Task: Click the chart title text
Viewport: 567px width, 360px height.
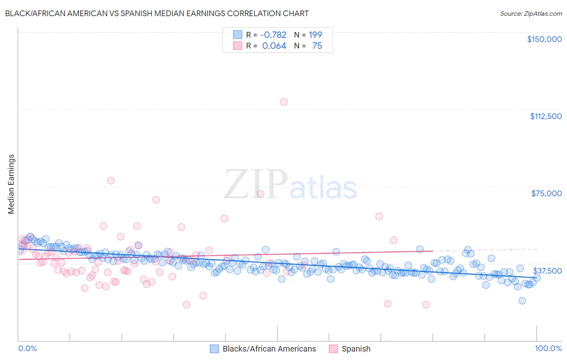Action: (x=157, y=13)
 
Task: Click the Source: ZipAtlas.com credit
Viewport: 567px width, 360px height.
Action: (x=531, y=13)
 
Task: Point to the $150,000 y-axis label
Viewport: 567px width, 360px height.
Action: (x=544, y=39)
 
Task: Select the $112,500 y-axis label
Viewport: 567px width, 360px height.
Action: (x=546, y=116)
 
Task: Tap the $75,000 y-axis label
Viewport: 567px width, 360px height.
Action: (x=546, y=193)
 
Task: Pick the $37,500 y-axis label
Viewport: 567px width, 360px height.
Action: (x=547, y=270)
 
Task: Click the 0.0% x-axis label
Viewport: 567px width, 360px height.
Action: (x=27, y=348)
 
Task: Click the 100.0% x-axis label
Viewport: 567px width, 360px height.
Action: (x=548, y=348)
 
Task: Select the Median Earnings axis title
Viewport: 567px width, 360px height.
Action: (x=11, y=184)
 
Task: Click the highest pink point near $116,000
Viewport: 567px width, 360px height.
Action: (x=283, y=102)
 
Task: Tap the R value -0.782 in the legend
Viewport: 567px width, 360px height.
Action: (x=273, y=35)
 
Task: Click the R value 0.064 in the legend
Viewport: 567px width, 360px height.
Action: (x=274, y=46)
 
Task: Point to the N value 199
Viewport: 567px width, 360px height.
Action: (x=315, y=35)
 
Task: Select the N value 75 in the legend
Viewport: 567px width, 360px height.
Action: (x=317, y=46)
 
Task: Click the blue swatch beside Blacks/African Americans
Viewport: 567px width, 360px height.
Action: (x=214, y=349)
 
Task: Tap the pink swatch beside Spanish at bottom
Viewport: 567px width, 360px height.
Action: (x=333, y=349)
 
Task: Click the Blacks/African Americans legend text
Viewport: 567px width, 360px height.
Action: (x=269, y=349)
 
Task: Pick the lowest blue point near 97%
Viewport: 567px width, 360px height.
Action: (x=522, y=300)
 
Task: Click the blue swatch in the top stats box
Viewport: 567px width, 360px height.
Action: (x=238, y=35)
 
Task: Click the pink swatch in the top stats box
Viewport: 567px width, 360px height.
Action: (x=238, y=46)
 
